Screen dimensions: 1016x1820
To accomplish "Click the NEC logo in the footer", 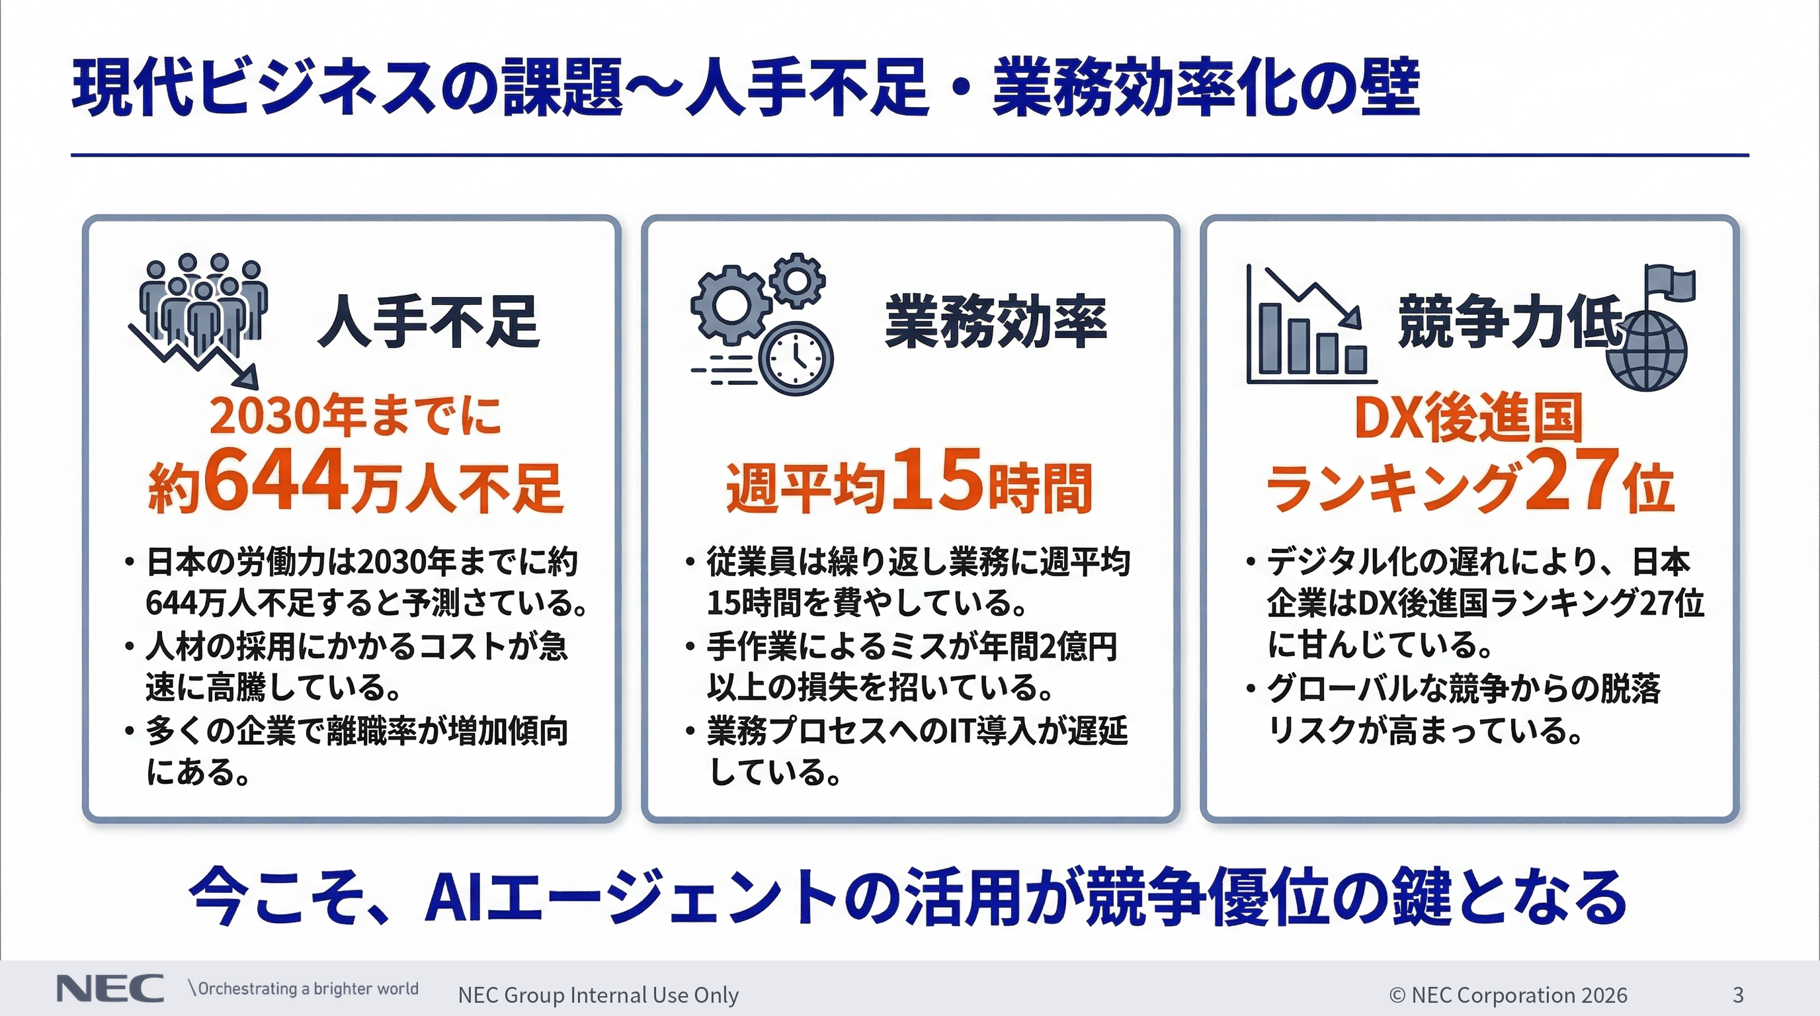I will click(x=110, y=989).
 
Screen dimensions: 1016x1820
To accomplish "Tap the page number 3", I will click(x=1738, y=995).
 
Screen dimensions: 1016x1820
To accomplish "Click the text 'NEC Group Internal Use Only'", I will click(x=598, y=995).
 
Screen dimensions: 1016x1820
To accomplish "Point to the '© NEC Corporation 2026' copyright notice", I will click(x=1508, y=995).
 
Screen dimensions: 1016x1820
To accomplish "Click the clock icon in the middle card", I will click(x=796, y=359).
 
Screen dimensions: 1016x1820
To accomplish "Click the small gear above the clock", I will click(x=798, y=279).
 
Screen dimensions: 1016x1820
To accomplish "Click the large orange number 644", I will click(x=277, y=480).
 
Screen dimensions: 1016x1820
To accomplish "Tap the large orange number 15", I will click(x=937, y=480).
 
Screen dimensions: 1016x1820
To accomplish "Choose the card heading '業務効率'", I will click(x=995, y=322).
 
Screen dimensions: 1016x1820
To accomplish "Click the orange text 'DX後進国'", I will click(x=1468, y=418).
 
